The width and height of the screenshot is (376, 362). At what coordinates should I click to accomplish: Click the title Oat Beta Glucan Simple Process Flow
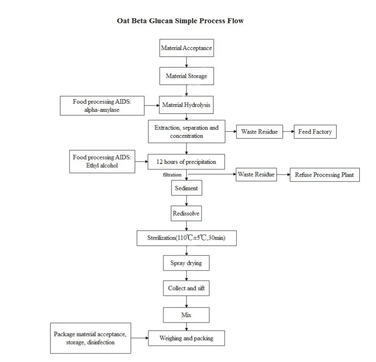[180, 21]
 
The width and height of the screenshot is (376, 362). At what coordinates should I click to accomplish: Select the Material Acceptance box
[186, 48]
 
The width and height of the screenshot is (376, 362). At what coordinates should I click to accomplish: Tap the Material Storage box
[186, 76]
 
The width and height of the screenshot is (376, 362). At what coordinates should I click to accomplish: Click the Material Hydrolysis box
[186, 105]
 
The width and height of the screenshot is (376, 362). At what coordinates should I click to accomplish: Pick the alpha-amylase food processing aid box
[102, 106]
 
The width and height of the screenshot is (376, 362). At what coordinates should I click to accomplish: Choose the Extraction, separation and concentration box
[186, 131]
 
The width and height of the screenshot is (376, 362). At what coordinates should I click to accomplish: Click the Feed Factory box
[315, 132]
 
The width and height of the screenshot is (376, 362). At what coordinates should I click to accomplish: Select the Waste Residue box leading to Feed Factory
[259, 132]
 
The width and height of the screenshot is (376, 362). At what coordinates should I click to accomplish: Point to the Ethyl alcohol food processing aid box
[102, 161]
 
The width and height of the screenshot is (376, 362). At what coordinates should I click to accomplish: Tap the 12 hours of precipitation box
[186, 162]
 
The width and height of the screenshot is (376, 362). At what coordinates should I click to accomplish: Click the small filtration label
[172, 174]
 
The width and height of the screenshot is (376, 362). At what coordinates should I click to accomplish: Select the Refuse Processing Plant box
[324, 175]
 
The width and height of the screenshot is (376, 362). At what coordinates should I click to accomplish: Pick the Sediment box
[186, 188]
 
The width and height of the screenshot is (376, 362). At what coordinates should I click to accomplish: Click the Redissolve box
[186, 213]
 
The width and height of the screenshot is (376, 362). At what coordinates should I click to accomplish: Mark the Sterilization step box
[186, 238]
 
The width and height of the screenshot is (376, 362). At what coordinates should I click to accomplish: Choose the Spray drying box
[186, 263]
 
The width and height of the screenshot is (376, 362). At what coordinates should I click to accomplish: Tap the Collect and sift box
[186, 288]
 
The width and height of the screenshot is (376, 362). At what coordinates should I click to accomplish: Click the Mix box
[186, 315]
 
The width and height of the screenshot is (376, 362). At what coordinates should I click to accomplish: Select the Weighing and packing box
[186, 338]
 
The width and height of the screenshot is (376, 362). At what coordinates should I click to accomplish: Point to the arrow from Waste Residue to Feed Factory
[288, 132]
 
